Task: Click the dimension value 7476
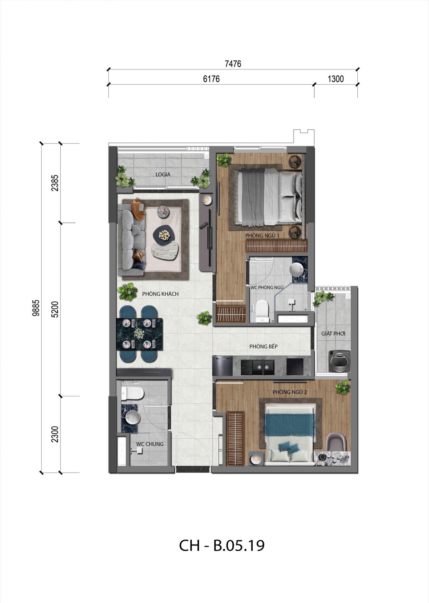(233, 64)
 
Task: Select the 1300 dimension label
(336, 79)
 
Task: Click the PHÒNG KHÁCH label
(160, 294)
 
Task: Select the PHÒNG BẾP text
(263, 346)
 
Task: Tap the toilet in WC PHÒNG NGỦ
(262, 310)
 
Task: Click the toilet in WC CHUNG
(132, 393)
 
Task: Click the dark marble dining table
(139, 334)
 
